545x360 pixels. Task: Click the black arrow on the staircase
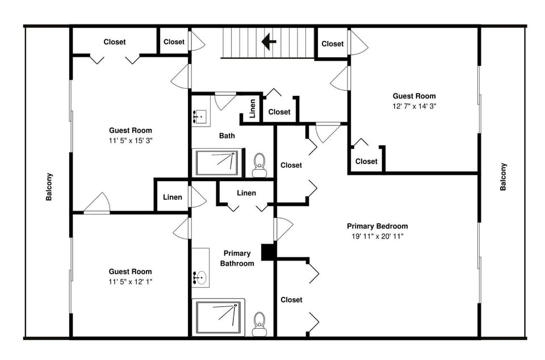coord(269,41)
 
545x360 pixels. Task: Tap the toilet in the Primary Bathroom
coord(259,324)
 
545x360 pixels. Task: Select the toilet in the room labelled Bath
coord(259,165)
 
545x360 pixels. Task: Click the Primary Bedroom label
coord(378,226)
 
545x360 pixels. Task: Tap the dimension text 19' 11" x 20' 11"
coord(378,237)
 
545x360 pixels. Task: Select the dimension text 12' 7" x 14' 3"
coord(414,106)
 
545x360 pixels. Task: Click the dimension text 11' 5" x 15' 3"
coord(131,141)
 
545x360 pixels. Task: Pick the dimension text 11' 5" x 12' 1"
coord(131,282)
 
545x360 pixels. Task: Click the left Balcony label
coord(49,187)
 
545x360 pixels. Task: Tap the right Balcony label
coord(503,177)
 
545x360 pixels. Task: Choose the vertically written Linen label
coord(253,108)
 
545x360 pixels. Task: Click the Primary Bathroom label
coord(237,258)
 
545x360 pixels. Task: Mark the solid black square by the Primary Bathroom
coord(269,252)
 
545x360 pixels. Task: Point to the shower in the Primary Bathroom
coord(218,317)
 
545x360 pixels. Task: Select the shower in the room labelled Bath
coord(218,163)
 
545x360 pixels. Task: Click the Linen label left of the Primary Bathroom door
coord(173,198)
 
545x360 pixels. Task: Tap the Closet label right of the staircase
coord(333,44)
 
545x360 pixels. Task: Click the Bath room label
coord(227,136)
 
